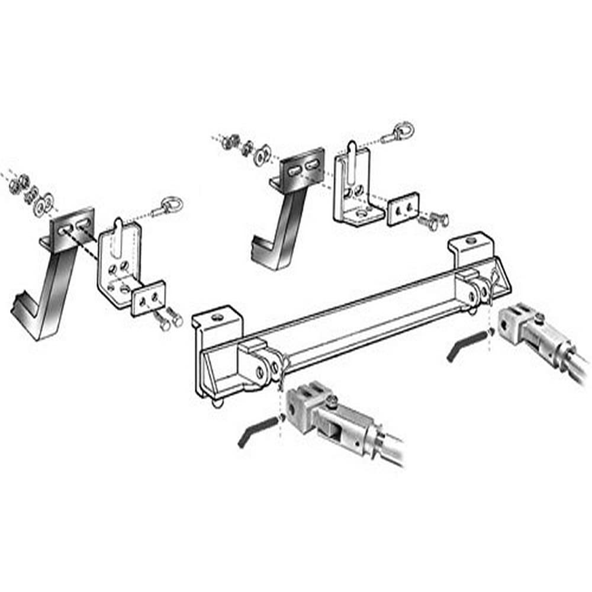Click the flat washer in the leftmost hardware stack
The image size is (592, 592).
click(x=44, y=204)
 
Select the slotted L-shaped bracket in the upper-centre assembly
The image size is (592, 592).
click(x=353, y=186)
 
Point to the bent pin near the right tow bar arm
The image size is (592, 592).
click(x=465, y=345)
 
